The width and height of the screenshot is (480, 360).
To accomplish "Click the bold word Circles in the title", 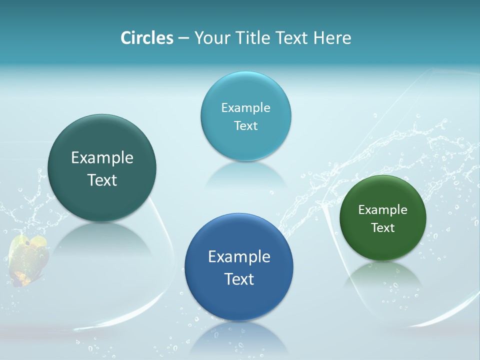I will (146, 38).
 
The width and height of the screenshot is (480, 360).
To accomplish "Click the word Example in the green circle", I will (383, 210).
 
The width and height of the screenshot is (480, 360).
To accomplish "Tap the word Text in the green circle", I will (383, 228).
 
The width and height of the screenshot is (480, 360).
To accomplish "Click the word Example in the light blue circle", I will (245, 108).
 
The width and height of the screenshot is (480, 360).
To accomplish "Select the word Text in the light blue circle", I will (245, 126).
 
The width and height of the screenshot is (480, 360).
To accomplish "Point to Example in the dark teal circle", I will (102, 158).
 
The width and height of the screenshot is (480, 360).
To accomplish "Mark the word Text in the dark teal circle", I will (102, 180).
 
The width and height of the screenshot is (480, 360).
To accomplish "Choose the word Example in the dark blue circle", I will (239, 257).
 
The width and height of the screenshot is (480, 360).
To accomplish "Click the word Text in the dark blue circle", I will (239, 279).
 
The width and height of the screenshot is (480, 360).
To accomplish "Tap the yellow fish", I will (29, 257).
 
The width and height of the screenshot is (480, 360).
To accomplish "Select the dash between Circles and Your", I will (183, 38).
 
